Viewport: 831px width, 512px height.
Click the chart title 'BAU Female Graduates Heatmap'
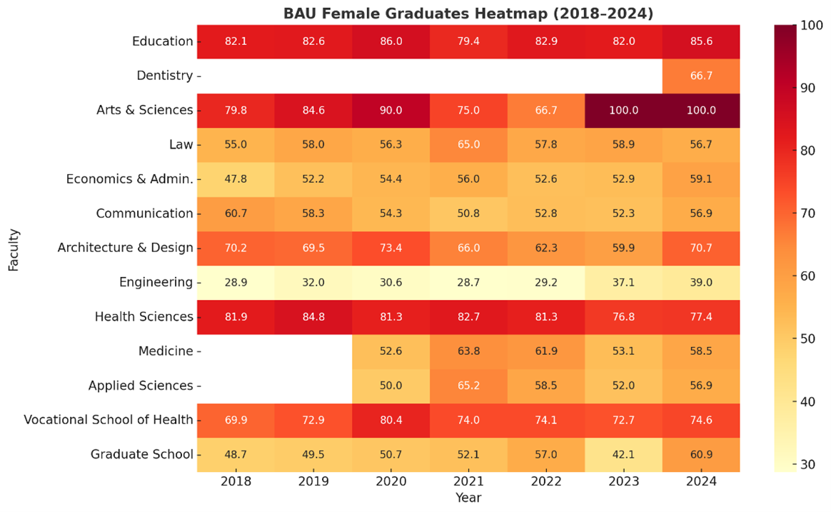(468, 14)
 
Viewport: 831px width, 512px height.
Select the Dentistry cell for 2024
(701, 76)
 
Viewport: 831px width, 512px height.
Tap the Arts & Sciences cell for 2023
(623, 110)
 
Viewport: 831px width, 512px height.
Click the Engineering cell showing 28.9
(236, 282)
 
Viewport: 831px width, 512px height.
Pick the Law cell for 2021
(468, 144)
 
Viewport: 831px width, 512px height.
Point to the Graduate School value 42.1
(623, 454)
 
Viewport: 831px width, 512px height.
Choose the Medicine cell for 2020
(391, 351)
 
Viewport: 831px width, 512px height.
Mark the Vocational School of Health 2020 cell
(391, 420)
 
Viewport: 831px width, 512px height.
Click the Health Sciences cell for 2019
(313, 316)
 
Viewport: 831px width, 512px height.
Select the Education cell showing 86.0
(391, 41)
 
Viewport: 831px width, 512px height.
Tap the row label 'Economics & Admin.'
(130, 179)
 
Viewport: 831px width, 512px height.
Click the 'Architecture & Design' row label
(126, 248)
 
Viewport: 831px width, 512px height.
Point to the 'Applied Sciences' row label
(141, 386)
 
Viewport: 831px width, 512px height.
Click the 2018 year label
(236, 481)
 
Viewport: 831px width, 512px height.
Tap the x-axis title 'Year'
(468, 498)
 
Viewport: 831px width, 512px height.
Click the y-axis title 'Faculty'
(14, 248)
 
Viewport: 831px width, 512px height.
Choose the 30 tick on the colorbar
(807, 464)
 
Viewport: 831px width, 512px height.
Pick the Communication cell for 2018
(236, 214)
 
